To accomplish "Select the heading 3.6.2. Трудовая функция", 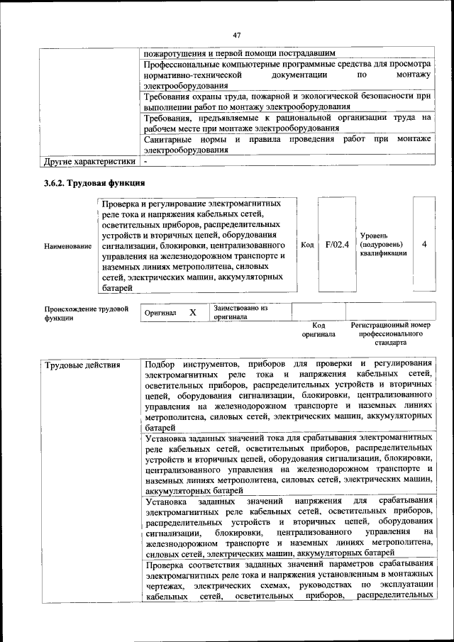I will [x=94, y=183].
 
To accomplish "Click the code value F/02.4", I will [x=336, y=245].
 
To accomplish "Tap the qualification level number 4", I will [x=423, y=245].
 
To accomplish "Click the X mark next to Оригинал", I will [x=192, y=312].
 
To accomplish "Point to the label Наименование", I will [x=67, y=245].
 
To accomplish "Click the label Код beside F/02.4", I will [x=307, y=245].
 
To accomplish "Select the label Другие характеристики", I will [x=89, y=161].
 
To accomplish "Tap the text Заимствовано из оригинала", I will [x=240, y=313].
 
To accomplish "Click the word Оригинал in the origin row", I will [x=160, y=313].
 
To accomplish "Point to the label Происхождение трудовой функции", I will [x=86, y=313].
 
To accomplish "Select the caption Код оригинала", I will [x=319, y=329].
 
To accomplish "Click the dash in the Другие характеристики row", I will [x=145, y=161].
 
